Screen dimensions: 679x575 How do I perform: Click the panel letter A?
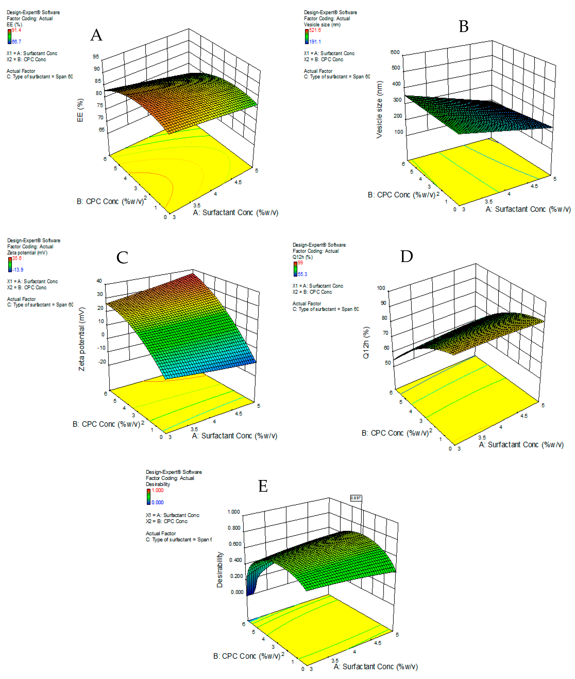click(x=96, y=35)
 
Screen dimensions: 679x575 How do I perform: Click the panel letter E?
click(x=263, y=486)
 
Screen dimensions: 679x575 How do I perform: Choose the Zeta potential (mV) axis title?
click(x=81, y=338)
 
